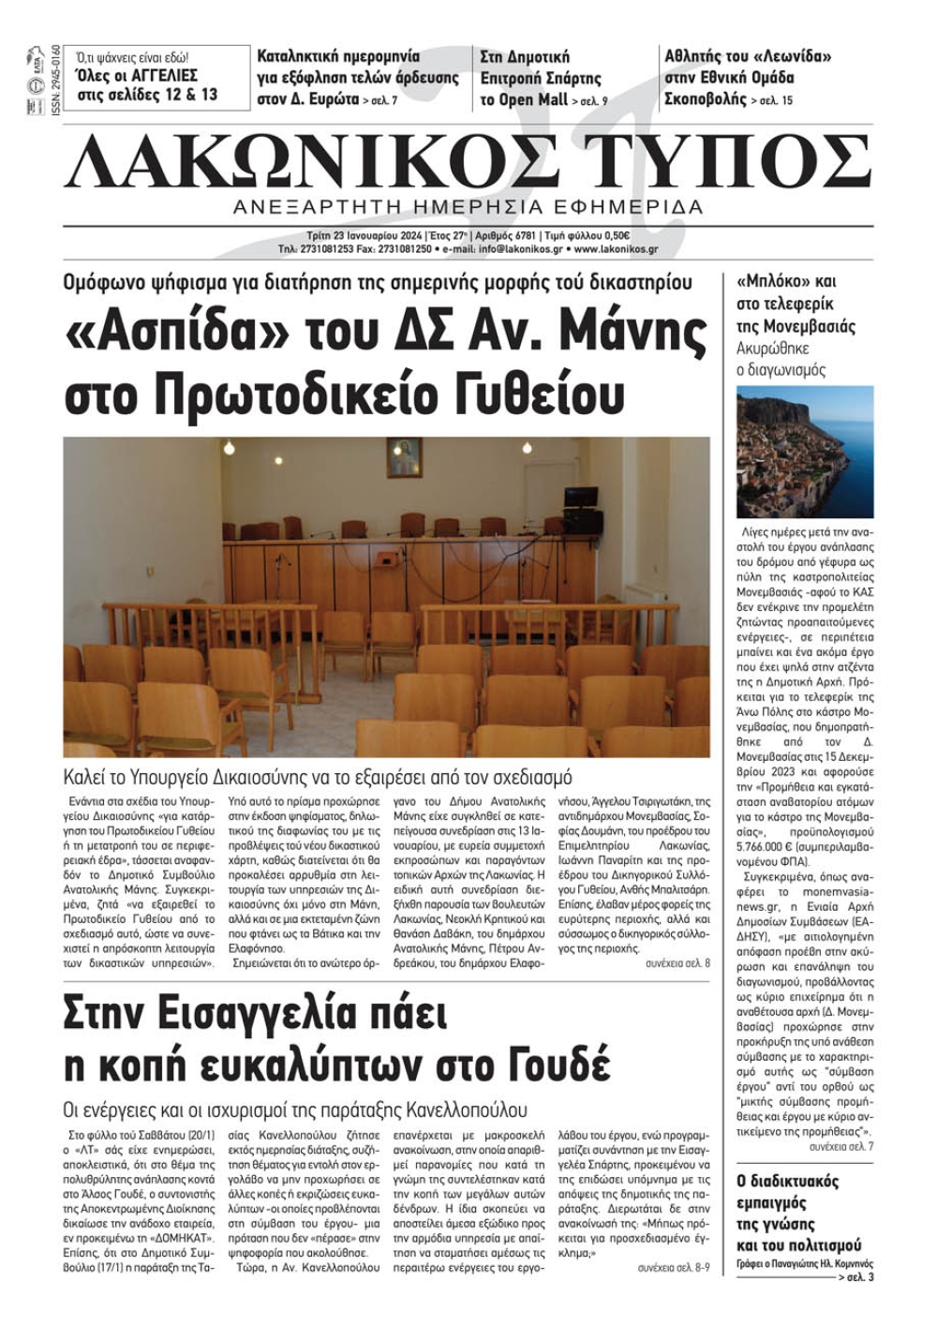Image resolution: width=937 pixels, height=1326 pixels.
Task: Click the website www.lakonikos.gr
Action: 616,250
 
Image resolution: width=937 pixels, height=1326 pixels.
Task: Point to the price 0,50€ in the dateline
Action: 615,236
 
